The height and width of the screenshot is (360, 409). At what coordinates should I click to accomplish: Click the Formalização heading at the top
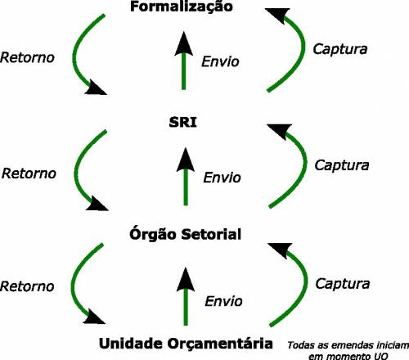(x=182, y=7)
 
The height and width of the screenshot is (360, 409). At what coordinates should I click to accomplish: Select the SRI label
(x=183, y=122)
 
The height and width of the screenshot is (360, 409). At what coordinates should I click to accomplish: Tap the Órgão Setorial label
(x=186, y=234)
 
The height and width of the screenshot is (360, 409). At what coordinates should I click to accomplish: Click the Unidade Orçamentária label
(x=186, y=344)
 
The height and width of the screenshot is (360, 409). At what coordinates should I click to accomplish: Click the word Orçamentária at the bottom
(x=220, y=344)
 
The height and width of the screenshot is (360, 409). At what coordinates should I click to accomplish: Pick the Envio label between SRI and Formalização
(x=220, y=61)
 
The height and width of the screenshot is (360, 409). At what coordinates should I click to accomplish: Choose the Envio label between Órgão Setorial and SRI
(x=222, y=178)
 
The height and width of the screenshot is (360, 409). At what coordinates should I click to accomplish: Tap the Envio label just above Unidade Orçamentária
(x=223, y=301)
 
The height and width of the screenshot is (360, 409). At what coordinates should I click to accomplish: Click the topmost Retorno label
(x=27, y=57)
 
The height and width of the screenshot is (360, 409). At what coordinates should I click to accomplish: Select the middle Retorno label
(x=29, y=173)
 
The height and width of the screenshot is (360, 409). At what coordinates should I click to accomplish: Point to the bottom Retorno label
(x=27, y=286)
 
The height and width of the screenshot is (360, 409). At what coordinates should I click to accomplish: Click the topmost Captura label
(x=340, y=49)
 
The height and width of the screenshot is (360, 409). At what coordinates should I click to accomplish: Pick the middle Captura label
(x=342, y=165)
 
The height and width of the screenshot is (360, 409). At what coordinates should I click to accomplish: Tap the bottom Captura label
(x=343, y=284)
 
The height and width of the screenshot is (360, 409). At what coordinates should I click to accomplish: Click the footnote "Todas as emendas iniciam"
(x=348, y=345)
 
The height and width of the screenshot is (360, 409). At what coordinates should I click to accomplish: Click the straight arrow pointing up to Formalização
(x=184, y=61)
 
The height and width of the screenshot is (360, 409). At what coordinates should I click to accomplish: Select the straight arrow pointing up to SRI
(x=186, y=177)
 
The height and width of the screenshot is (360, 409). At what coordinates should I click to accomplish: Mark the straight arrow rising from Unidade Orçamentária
(x=186, y=296)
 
